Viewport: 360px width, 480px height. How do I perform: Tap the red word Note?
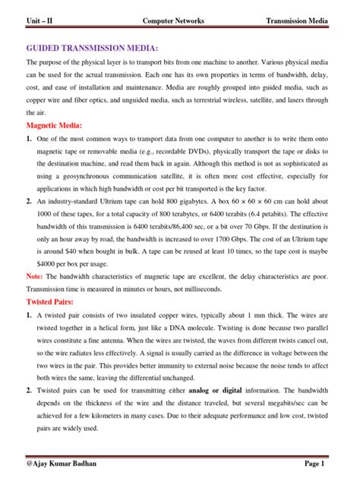coord(34,276)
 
